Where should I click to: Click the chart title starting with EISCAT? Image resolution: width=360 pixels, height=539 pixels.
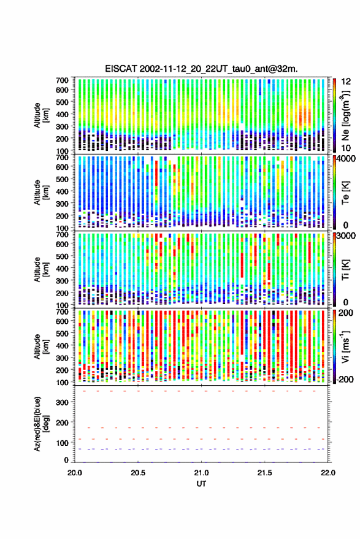tap(201, 69)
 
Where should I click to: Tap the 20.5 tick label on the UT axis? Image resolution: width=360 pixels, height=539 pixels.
tap(138, 473)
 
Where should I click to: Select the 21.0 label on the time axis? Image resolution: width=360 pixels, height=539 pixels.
tap(201, 473)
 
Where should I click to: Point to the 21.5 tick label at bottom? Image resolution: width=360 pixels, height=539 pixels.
tap(264, 473)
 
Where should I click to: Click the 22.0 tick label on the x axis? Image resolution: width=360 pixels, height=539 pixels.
tap(327, 473)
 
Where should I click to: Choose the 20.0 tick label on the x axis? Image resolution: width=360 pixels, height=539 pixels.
tap(75, 473)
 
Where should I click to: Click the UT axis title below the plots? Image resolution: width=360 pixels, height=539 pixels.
tap(201, 484)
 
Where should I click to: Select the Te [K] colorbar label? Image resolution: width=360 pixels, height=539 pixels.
tap(345, 193)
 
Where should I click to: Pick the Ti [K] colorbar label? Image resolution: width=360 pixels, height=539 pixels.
tap(345, 270)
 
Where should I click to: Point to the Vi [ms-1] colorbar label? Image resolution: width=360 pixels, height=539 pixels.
tap(345, 346)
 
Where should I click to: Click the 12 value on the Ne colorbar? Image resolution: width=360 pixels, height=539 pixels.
tap(347, 82)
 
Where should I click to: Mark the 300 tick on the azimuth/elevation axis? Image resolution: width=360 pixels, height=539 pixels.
tap(62, 402)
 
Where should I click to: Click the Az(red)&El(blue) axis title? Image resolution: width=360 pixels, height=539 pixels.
tap(41, 424)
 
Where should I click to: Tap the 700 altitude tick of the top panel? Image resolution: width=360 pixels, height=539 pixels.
tap(62, 80)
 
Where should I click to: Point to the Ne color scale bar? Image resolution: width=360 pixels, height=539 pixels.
tap(334, 115)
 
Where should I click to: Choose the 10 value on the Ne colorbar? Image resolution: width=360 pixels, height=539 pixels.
tap(347, 148)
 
